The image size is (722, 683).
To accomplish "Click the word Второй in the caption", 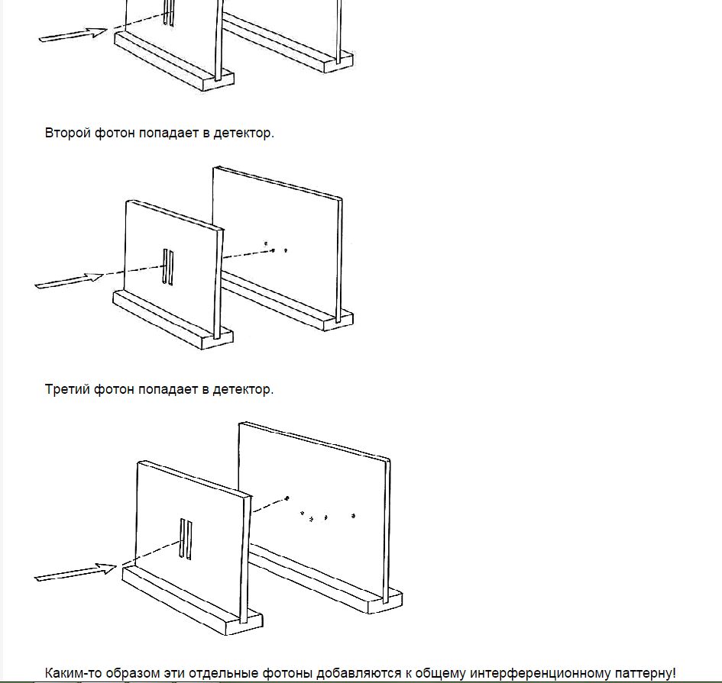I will (68, 133).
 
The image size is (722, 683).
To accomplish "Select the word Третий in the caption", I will (67, 389).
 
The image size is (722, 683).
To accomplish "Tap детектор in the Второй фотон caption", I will (242, 133).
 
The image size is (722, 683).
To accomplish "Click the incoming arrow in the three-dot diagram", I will (69, 281).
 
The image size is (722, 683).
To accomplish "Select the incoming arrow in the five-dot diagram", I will (75, 572).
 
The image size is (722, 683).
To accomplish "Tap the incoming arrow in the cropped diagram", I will (73, 34).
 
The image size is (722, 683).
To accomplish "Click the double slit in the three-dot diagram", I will (167, 266).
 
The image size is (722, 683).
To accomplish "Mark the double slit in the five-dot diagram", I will (185, 539).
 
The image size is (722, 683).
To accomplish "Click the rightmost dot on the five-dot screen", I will (353, 516).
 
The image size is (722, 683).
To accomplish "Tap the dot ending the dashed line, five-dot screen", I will (287, 498).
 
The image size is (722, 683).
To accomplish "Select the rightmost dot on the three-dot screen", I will (286, 250).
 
